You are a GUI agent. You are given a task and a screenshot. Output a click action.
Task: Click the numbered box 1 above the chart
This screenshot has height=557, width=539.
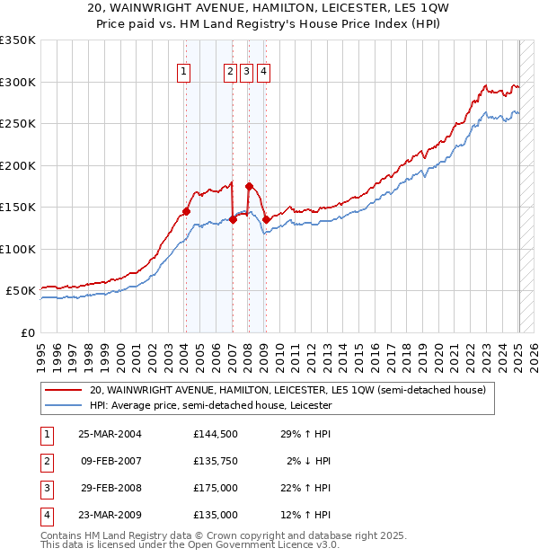(183, 73)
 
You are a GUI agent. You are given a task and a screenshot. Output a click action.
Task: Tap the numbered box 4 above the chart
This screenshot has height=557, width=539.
(263, 73)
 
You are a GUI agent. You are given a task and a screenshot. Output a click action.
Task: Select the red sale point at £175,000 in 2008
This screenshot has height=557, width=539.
(249, 187)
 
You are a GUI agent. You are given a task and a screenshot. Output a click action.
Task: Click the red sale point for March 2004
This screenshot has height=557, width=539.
(186, 212)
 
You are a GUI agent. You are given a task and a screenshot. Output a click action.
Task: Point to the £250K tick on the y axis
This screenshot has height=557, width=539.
(18, 123)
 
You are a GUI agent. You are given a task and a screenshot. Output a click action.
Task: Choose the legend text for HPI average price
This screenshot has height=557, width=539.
(210, 405)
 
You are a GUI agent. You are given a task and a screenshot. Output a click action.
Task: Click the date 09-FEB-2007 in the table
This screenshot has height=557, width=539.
(110, 461)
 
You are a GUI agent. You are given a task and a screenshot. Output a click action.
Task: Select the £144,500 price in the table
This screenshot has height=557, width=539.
(215, 434)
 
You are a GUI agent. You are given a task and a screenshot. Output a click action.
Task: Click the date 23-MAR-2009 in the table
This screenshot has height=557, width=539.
(110, 515)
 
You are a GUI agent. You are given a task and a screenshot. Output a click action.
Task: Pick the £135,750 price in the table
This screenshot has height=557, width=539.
(215, 461)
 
